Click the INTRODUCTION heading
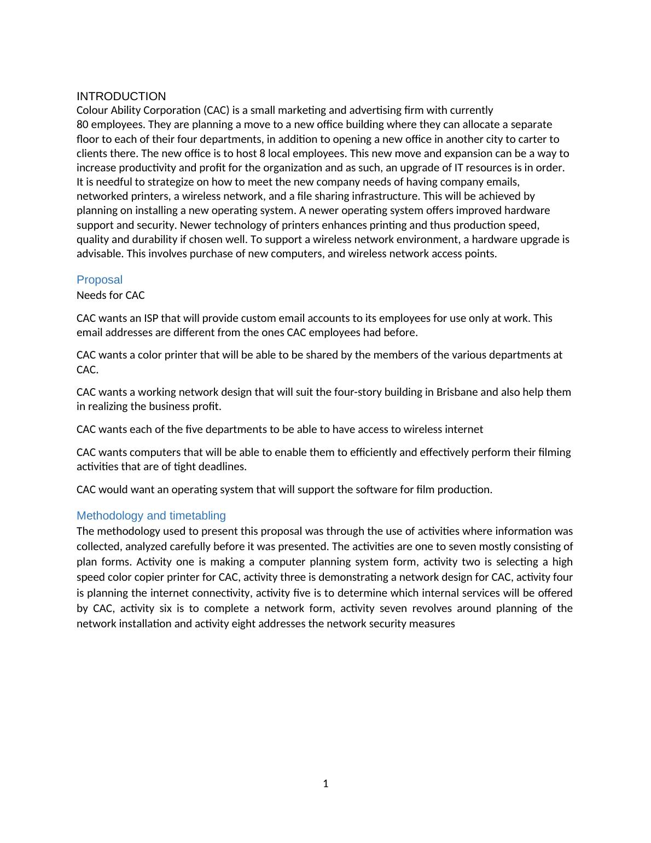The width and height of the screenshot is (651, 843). (x=121, y=96)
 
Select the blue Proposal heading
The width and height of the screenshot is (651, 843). (x=100, y=280)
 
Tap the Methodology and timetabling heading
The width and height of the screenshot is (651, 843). (x=151, y=516)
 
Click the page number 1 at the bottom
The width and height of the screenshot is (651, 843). (x=326, y=784)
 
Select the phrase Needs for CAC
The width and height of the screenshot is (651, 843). (x=111, y=295)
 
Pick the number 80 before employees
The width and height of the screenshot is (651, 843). (x=83, y=124)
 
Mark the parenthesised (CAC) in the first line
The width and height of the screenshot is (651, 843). (x=216, y=110)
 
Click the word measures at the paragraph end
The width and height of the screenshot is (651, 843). (x=435, y=623)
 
